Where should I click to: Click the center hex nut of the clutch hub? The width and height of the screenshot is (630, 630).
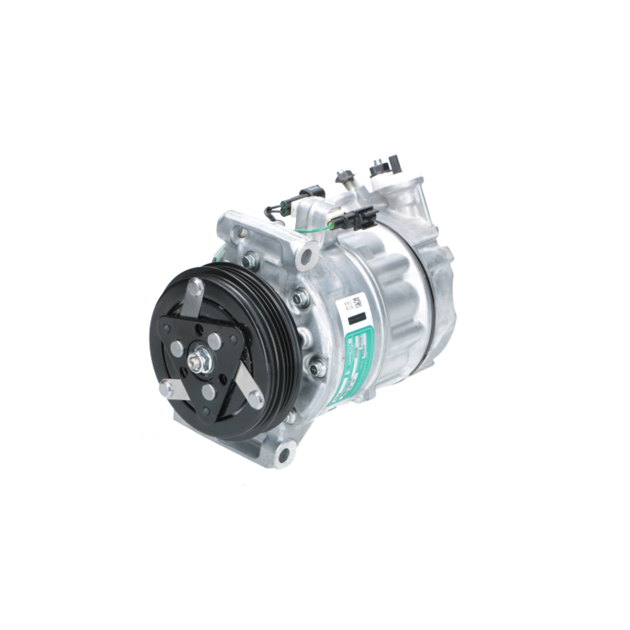click(x=197, y=361)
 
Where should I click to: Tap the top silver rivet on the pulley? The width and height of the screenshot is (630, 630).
click(x=197, y=289)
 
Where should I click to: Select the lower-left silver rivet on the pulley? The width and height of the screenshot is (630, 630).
click(x=166, y=389)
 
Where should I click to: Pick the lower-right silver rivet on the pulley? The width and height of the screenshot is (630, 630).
click(x=255, y=398)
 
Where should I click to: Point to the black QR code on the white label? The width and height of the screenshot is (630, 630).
click(x=356, y=301)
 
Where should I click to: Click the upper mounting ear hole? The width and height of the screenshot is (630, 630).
click(x=307, y=255)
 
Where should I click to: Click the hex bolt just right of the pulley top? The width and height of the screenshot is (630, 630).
click(x=301, y=296)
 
